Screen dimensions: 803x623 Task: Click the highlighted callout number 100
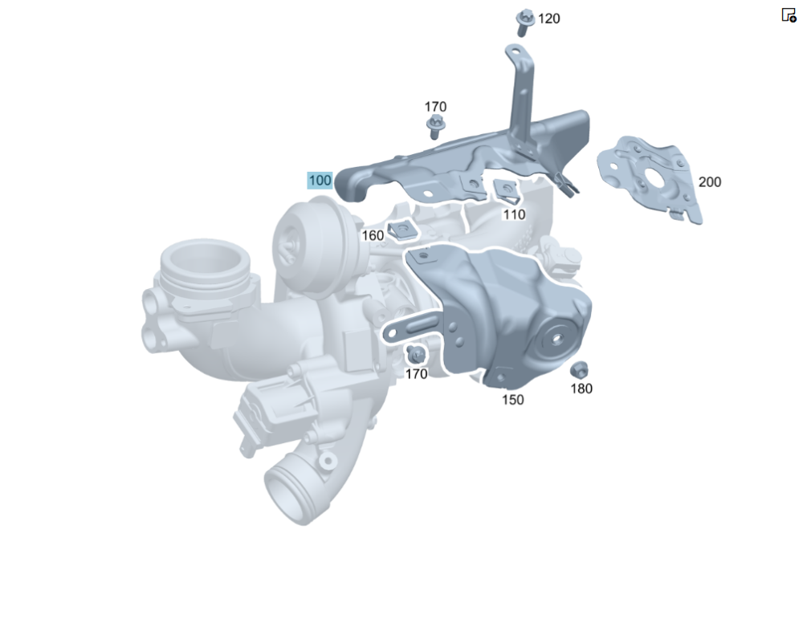320,180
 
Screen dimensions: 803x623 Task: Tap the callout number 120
548,19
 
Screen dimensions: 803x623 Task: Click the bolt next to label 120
524,22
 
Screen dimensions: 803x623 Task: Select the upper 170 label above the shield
435,107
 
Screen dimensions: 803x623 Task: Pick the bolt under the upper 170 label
435,126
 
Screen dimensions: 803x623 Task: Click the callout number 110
514,214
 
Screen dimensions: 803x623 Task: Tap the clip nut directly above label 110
505,191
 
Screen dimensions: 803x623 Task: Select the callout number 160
373,235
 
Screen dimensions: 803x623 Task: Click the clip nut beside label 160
402,231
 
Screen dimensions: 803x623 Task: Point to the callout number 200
709,181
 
